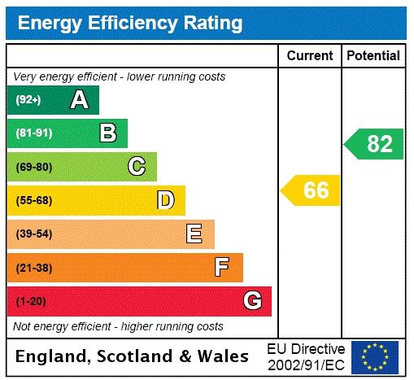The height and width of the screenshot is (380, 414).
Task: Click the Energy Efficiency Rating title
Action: tap(130, 23)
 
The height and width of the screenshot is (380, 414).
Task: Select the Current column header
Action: tap(310, 56)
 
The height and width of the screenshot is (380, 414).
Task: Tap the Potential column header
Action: tap(373, 56)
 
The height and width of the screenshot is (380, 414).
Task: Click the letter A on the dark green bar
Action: tap(79, 100)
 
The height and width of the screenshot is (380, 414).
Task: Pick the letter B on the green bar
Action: tap(107, 133)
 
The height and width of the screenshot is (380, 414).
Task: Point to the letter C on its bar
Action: tap(137, 167)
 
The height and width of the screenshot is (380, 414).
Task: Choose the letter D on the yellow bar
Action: tap(165, 200)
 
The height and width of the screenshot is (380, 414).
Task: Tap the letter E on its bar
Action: tap(194, 234)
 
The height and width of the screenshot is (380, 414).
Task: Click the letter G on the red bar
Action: tap(252, 301)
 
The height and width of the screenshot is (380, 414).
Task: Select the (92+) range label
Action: tap(28, 100)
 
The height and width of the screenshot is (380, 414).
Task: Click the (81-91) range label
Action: tap(33, 133)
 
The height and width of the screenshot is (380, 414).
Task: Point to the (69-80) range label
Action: tap(33, 167)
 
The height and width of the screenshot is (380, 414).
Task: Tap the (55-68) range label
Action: tap(33, 200)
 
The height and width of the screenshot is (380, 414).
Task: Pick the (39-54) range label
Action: tap(33, 234)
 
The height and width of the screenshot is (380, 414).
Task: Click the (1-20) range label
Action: tap(31, 301)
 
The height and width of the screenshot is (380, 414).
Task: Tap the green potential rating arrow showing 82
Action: tap(374, 144)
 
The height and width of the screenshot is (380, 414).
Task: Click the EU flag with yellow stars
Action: tap(374, 356)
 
